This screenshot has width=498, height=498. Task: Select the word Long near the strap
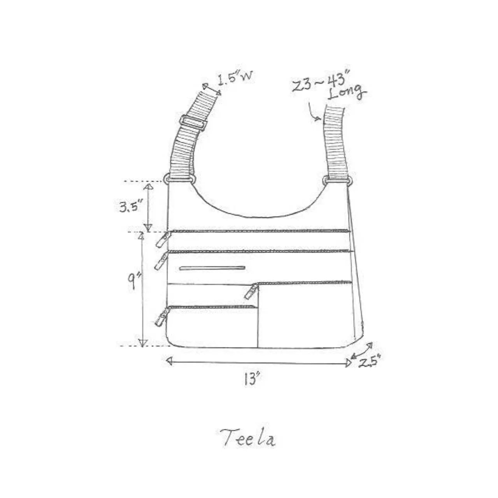[347, 93]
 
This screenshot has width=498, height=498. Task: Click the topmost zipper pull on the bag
[163, 239]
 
